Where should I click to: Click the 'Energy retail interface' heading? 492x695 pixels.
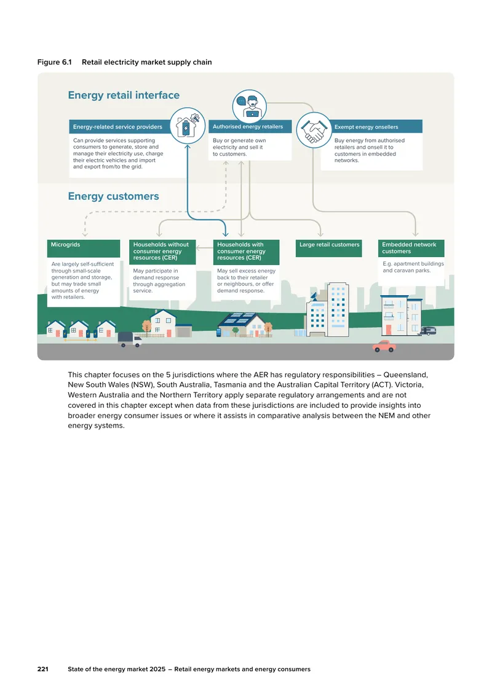(x=124, y=95)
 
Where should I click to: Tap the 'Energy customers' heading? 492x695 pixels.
(x=114, y=196)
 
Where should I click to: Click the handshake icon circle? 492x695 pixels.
(x=314, y=130)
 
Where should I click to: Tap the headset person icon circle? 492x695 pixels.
(x=250, y=107)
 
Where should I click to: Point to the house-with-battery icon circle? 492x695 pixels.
(x=188, y=125)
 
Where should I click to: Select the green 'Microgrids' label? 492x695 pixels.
(x=83, y=248)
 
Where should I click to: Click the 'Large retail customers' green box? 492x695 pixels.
(x=329, y=248)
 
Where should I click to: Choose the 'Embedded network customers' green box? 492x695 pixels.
(x=411, y=248)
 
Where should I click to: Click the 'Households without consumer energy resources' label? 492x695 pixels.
(x=162, y=252)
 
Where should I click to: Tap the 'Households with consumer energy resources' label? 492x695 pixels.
(x=246, y=252)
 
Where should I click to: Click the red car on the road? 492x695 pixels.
(x=384, y=346)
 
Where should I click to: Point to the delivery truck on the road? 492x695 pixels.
(x=129, y=340)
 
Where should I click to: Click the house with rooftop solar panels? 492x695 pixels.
(x=244, y=325)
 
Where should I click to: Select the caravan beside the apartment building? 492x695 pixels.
(x=429, y=331)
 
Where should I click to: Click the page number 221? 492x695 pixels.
(x=43, y=669)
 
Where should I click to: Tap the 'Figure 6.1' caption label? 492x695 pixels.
(x=55, y=62)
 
